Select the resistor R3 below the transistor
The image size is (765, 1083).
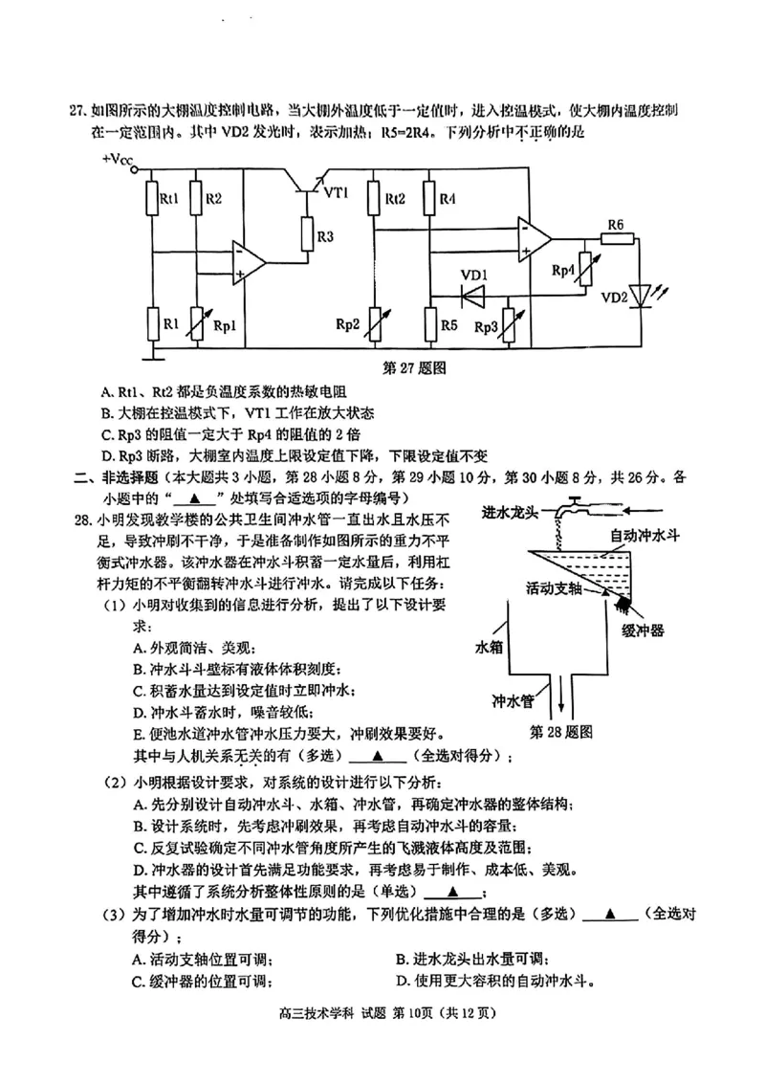pos(308,232)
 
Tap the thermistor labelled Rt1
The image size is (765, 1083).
pos(151,199)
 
